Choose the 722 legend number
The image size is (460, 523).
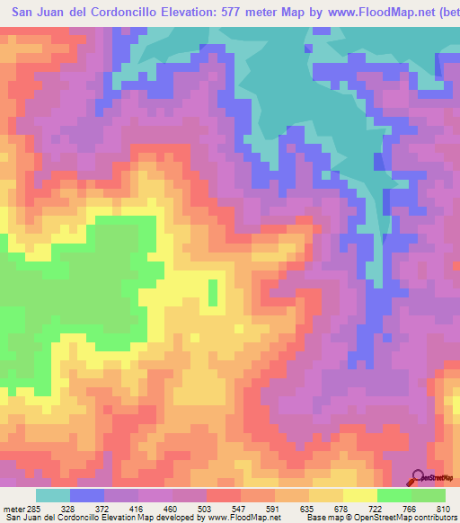pos(414,510)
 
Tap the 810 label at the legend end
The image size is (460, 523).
pos(442,510)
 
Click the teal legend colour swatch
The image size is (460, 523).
pos(52,495)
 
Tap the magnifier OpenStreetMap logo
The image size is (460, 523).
pos(419,477)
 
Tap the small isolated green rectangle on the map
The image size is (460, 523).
pos(213,293)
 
